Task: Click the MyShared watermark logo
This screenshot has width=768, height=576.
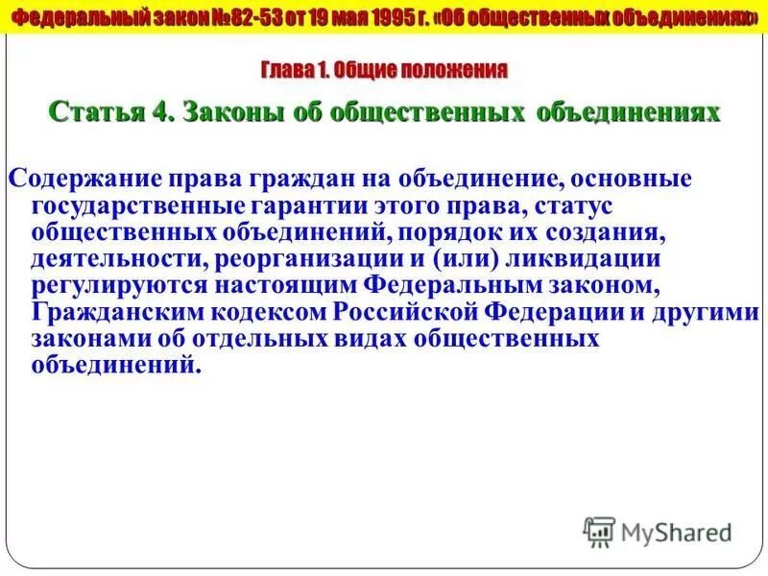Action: [x=657, y=530]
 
